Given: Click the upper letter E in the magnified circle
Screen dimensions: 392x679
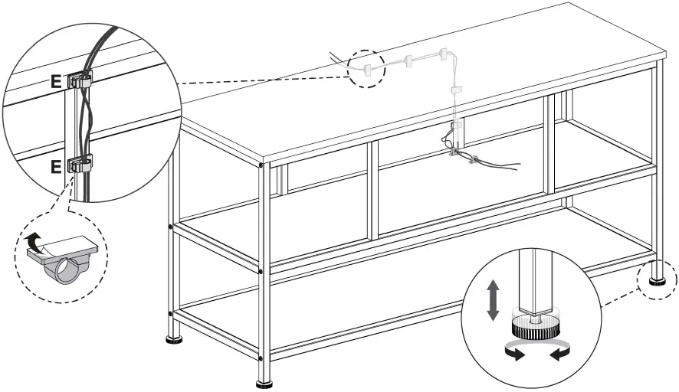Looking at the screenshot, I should tap(56, 79).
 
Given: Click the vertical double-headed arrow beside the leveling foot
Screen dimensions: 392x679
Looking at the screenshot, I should tap(494, 299).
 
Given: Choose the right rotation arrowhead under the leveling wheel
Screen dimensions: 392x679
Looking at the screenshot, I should tap(555, 354).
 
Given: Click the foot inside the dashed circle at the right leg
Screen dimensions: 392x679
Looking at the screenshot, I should tap(658, 280).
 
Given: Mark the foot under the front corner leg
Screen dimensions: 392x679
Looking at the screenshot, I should tap(265, 381).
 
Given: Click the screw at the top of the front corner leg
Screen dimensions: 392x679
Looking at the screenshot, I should tap(261, 165).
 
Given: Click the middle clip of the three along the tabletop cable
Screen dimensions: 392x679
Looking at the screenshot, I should tap(408, 59).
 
